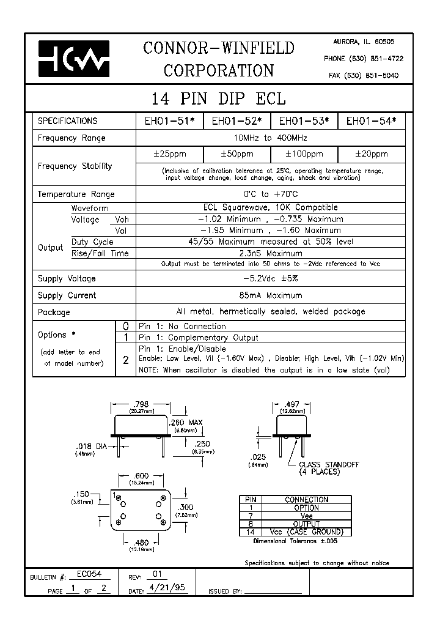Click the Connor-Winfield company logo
73,59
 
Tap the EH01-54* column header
372,121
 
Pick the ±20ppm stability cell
372,154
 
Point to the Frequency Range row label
71,138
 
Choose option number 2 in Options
125,360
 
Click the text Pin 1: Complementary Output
199,338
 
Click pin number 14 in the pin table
248,532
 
